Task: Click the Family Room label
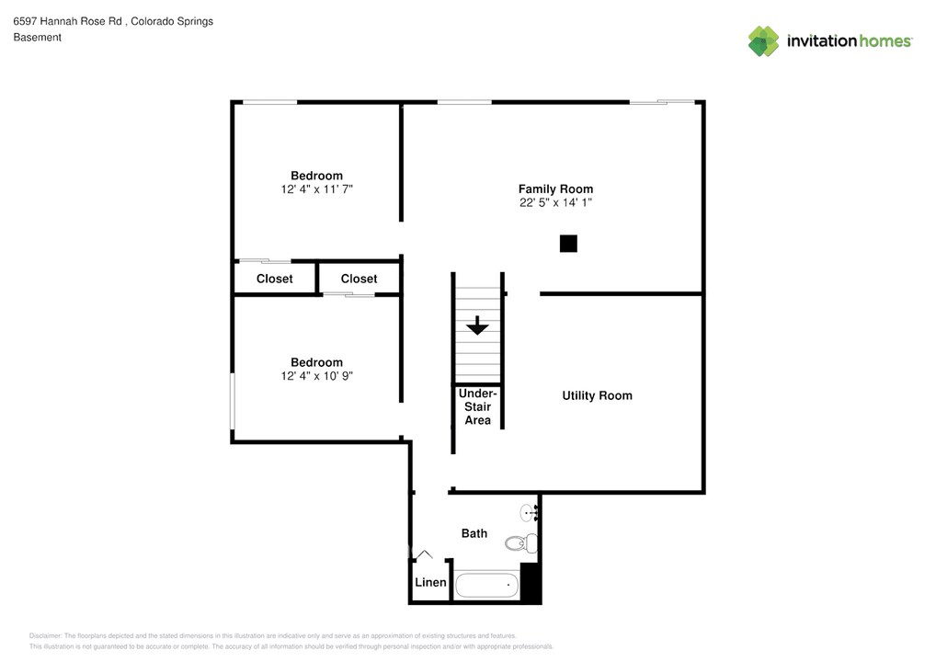[x=555, y=188]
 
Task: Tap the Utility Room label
[x=597, y=395]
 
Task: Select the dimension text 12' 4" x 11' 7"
[x=316, y=188]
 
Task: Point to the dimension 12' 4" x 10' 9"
[x=316, y=375]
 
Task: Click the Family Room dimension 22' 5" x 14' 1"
[x=555, y=202]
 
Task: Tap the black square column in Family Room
[x=568, y=244]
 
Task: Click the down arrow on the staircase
[x=477, y=325]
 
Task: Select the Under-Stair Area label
[x=477, y=406]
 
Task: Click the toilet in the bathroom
[x=519, y=542]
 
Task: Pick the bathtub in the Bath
[x=487, y=585]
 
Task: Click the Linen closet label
[x=430, y=583]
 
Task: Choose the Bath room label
[x=474, y=533]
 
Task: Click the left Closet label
[x=274, y=279]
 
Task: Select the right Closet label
[x=359, y=279]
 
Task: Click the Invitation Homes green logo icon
[x=763, y=40]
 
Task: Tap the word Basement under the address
[x=37, y=38]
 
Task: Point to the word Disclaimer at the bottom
[x=45, y=635]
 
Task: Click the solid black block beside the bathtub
[x=530, y=582]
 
